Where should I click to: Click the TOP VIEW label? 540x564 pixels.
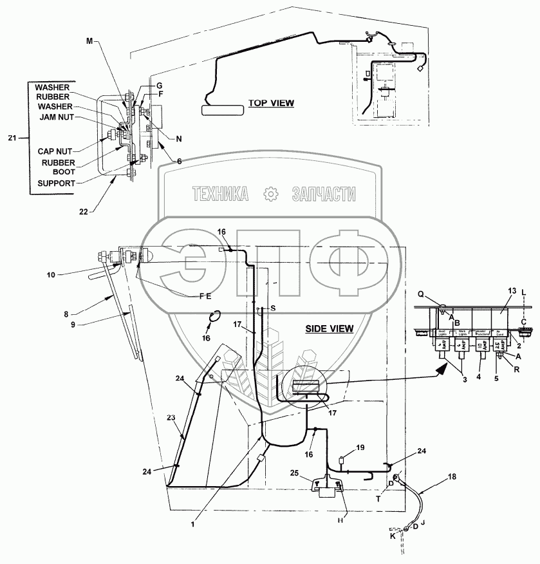(x=271, y=103)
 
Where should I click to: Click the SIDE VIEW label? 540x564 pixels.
(x=329, y=328)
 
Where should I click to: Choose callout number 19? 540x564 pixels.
(x=360, y=446)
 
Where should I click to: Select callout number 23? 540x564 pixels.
(x=171, y=417)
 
